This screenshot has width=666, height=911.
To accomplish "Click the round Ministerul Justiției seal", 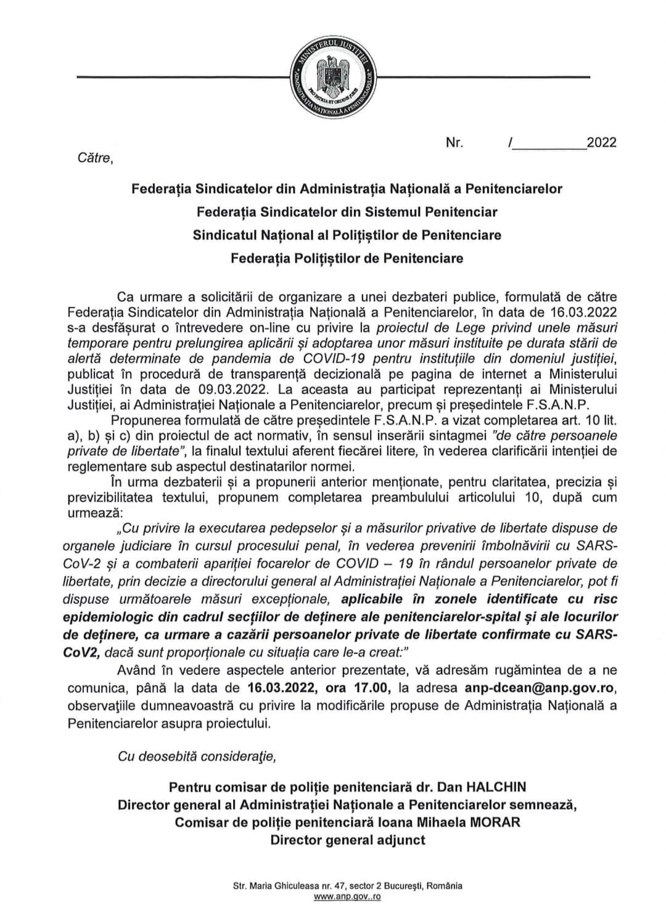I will point(333,76).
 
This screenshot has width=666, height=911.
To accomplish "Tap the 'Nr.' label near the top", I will point(454,143).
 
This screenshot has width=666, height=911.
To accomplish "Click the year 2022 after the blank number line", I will point(601,143).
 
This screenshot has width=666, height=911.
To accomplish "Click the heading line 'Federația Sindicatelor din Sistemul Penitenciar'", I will point(347,211).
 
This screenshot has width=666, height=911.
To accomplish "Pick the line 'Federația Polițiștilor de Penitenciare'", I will point(347,258).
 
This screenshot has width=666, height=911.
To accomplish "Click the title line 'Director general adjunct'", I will point(347,840).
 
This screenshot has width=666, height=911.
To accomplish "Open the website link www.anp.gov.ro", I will point(347,897).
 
